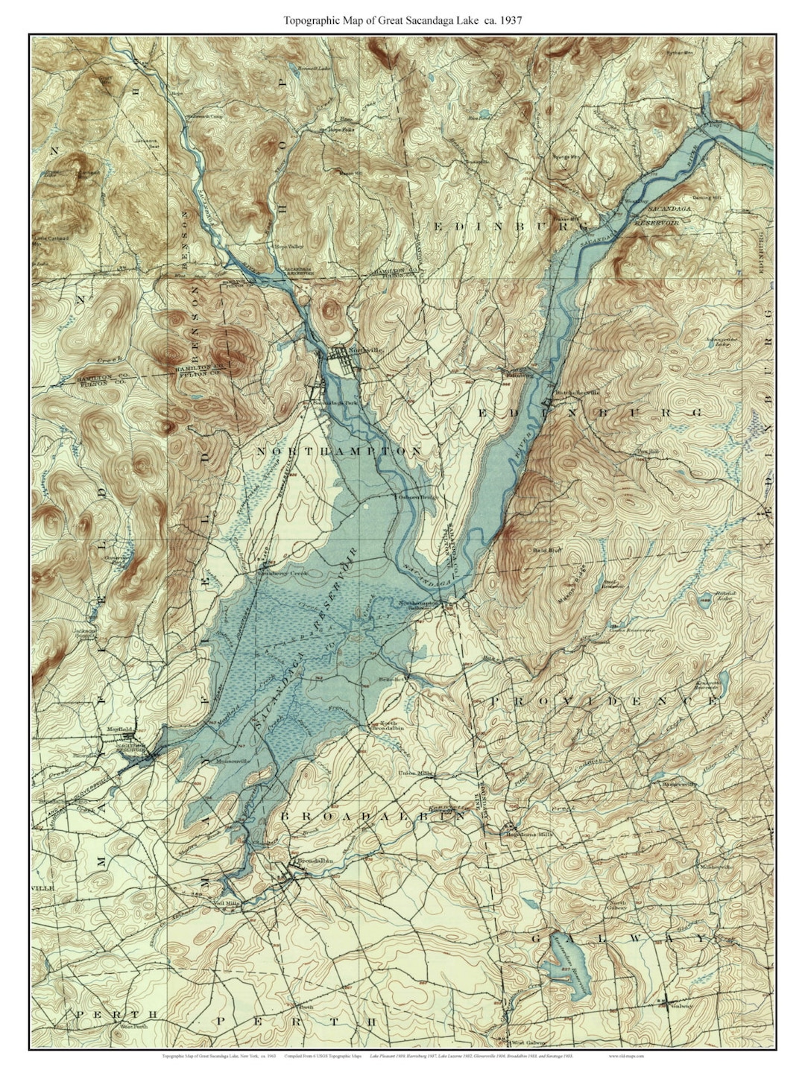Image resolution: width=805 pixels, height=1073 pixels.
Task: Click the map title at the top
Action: pos(402,21)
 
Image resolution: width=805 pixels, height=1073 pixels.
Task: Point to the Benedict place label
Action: pos(392,680)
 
